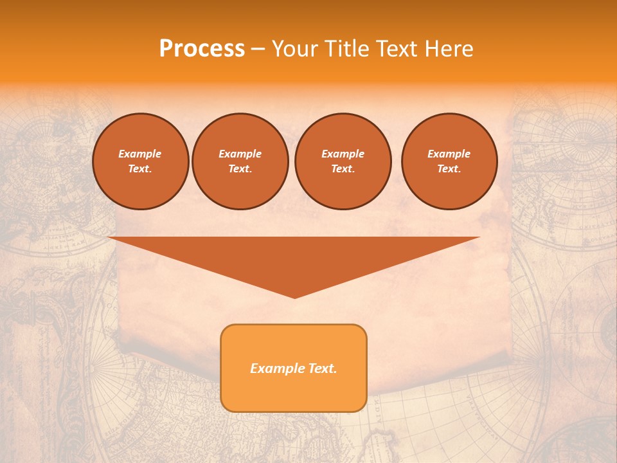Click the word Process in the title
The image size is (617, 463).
coord(202,49)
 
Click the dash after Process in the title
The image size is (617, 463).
coord(258,50)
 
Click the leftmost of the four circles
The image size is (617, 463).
coord(140,161)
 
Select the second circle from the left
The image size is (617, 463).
coord(240,161)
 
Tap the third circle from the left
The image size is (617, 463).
coord(343,161)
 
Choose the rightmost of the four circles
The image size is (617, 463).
coord(449,161)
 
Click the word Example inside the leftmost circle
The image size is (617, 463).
coord(140,154)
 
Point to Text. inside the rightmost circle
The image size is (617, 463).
coord(449,168)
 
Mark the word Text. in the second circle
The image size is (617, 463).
coord(240,168)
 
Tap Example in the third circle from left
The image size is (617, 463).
coord(343,154)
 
